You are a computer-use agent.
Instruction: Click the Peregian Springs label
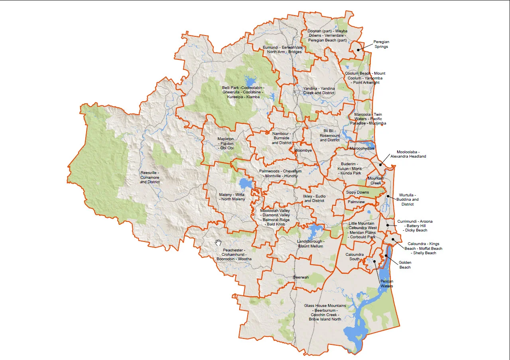coord(381,44)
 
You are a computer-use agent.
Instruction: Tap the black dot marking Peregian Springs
coord(358,50)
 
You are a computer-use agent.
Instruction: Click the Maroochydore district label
coord(362,148)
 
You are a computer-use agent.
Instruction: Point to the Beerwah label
coord(301,277)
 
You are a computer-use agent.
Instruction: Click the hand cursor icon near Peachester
coord(218,243)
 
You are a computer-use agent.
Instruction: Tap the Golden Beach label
coord(405,265)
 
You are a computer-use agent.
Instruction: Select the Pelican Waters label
coord(386,284)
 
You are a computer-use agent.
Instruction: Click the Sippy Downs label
coord(357,192)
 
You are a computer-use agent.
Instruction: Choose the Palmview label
coord(356,202)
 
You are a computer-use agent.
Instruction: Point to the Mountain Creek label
coord(376,181)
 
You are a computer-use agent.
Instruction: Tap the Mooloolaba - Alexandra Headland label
coord(411,154)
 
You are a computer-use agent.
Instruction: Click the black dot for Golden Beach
coord(386,255)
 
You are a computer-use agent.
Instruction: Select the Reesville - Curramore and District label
coord(150,177)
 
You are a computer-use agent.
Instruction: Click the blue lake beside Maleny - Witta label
coord(246,185)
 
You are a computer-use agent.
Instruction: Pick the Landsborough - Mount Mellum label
coord(311,244)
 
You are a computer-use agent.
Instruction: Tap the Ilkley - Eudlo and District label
coord(315,198)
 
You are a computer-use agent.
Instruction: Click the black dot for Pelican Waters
coord(374,262)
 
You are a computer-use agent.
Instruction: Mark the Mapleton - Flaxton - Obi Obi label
coord(225,143)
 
